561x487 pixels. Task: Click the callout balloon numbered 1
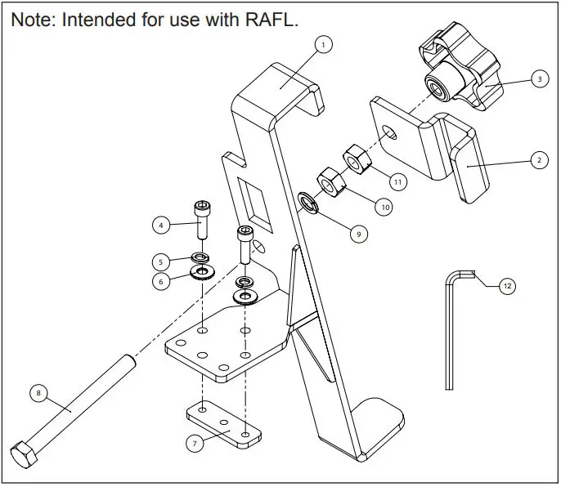[324, 45]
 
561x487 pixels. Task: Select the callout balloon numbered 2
[537, 160]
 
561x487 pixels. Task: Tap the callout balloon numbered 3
[539, 79]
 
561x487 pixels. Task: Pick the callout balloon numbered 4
[161, 223]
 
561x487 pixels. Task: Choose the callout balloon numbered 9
[357, 234]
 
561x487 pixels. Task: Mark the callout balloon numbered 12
[507, 286]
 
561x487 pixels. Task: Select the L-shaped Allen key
[451, 327]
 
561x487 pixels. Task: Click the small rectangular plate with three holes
[223, 424]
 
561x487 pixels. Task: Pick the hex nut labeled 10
[330, 182]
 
